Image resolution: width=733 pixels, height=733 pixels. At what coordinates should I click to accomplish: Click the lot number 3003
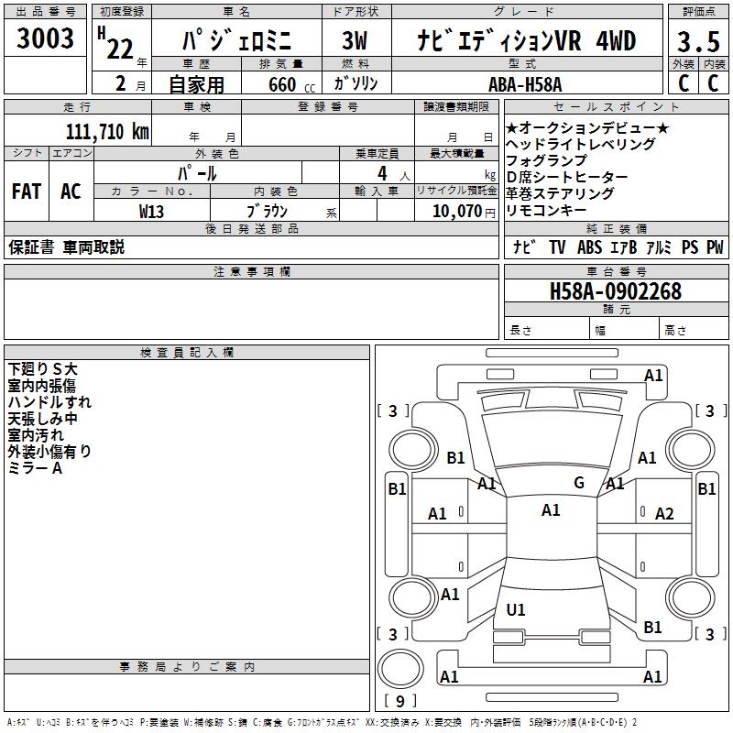tap(46, 38)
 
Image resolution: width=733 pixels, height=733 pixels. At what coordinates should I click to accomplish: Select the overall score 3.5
tap(696, 42)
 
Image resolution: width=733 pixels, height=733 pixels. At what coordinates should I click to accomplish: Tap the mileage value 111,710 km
tap(107, 131)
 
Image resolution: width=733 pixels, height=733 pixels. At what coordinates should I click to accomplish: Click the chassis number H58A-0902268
tap(615, 291)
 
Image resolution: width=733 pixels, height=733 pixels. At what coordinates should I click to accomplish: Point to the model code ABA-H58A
tap(525, 84)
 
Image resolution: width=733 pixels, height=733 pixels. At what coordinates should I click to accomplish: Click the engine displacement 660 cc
tap(281, 85)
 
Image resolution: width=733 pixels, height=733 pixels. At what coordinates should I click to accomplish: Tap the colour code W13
tap(152, 211)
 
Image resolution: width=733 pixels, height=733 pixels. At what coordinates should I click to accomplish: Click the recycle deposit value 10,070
tap(450, 211)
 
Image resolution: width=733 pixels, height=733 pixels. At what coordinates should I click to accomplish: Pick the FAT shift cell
tap(26, 191)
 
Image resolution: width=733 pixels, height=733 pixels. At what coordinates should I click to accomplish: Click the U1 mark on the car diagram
tap(516, 609)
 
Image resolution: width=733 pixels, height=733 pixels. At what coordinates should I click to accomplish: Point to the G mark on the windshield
tap(579, 483)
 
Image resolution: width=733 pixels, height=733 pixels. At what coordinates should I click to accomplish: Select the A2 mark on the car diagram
tap(664, 514)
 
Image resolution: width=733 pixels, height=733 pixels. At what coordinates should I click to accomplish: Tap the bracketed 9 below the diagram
tap(399, 702)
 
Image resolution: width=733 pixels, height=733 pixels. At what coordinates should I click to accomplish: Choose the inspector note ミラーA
tap(35, 468)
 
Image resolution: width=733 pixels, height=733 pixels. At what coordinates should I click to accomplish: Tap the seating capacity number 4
tap(381, 172)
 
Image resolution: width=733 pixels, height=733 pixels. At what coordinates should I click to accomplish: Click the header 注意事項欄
tap(252, 271)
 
